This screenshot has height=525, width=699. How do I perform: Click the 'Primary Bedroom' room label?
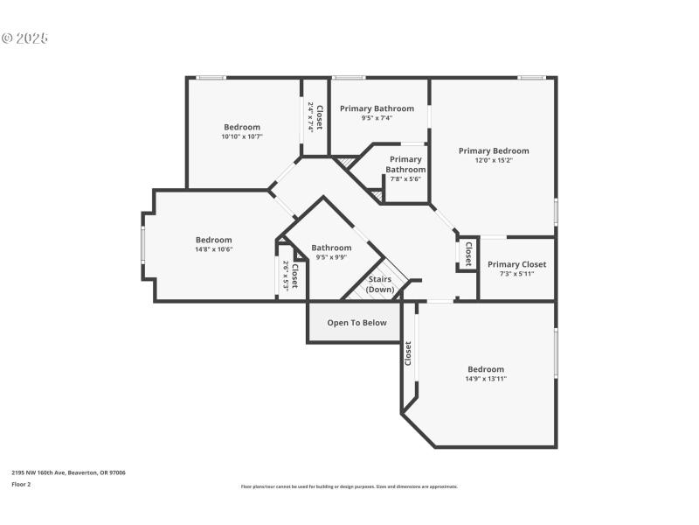(494, 150)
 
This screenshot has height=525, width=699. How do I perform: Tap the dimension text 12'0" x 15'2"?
(494, 160)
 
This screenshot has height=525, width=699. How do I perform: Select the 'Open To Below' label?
(356, 323)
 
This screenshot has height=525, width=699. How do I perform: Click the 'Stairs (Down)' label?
(379, 284)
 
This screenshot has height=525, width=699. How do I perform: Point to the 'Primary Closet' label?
(516, 264)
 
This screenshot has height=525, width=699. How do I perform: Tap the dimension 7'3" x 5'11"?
(516, 274)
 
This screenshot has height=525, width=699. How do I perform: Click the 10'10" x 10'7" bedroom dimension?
(242, 136)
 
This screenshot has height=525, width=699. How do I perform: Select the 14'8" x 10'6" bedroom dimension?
(213, 249)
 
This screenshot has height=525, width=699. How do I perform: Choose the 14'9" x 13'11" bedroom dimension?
(485, 379)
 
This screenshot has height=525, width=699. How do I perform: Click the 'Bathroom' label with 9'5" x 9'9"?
(331, 248)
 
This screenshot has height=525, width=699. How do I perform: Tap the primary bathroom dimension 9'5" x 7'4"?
(377, 118)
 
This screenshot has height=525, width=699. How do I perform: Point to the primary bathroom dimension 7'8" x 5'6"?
(405, 178)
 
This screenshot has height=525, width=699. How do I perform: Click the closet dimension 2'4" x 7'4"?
(310, 117)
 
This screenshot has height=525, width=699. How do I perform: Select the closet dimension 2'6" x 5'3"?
(286, 276)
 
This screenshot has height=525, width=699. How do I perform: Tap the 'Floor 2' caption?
(21, 483)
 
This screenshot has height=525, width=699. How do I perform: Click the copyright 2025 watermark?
(24, 38)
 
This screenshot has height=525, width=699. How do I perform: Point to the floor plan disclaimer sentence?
(349, 486)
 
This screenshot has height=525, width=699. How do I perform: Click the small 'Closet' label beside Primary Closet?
(468, 254)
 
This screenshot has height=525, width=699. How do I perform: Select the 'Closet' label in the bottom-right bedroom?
(408, 353)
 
